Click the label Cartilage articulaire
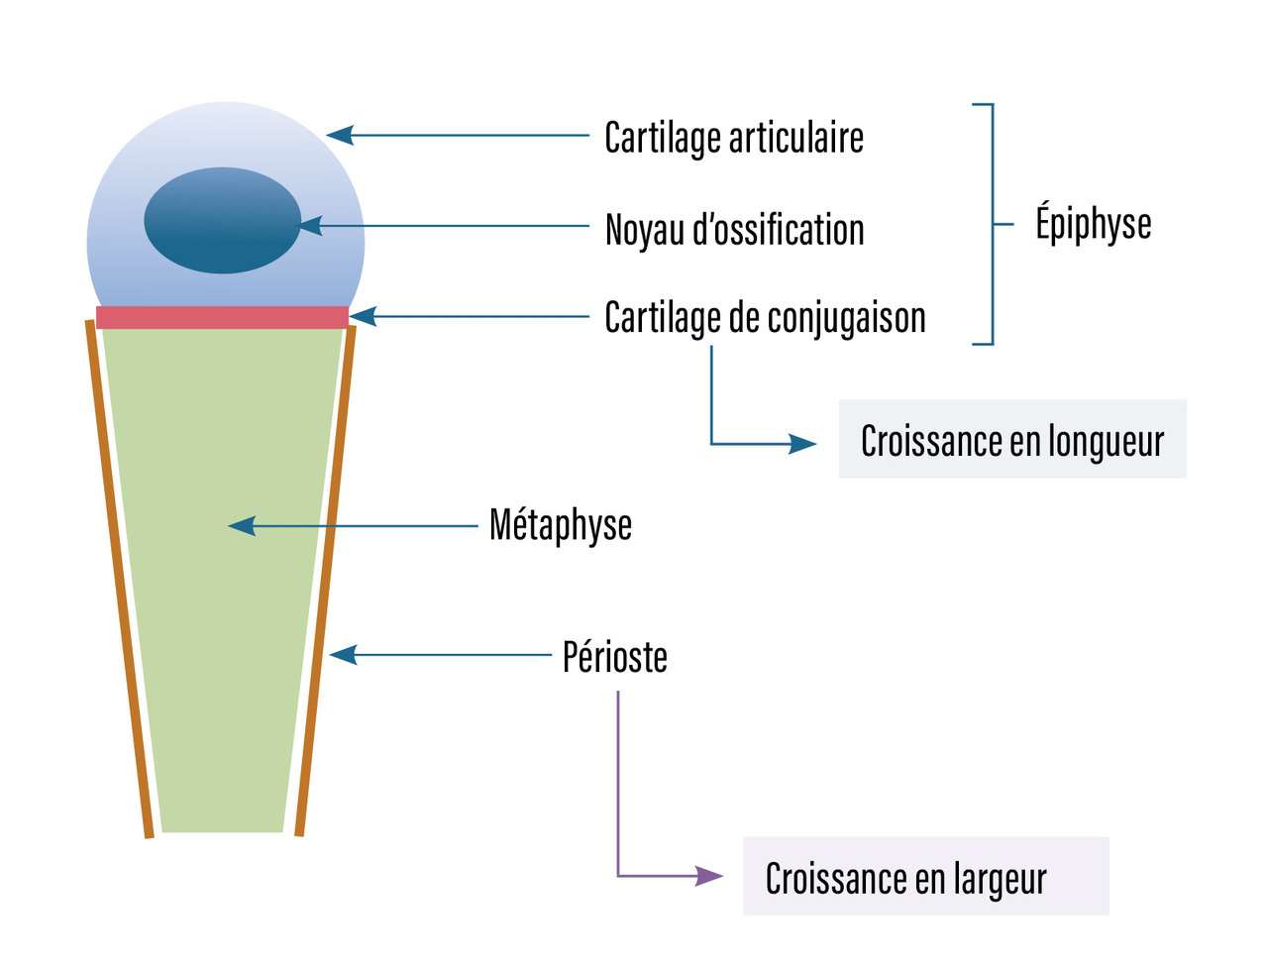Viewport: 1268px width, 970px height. click(734, 138)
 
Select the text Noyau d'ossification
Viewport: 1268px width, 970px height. click(734, 230)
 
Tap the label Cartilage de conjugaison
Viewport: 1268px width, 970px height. click(765, 318)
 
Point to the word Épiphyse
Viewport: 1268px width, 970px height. click(1093, 224)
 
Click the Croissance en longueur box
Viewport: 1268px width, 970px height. click(1011, 440)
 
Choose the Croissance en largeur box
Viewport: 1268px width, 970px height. click(925, 877)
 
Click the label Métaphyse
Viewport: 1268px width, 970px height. click(560, 525)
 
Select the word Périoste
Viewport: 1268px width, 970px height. click(614, 657)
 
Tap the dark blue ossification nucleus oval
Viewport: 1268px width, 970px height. click(222, 220)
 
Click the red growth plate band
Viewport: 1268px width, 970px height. click(222, 317)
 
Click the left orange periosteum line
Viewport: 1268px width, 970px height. click(121, 585)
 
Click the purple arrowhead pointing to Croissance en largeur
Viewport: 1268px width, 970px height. click(709, 876)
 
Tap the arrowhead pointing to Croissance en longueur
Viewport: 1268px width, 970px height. click(802, 444)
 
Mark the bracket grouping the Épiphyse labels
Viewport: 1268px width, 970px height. click(992, 224)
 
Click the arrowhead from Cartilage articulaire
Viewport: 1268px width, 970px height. click(340, 135)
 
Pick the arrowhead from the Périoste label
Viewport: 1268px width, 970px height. click(343, 655)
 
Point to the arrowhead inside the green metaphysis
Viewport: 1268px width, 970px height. click(242, 526)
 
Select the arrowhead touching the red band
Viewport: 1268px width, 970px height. click(363, 317)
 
